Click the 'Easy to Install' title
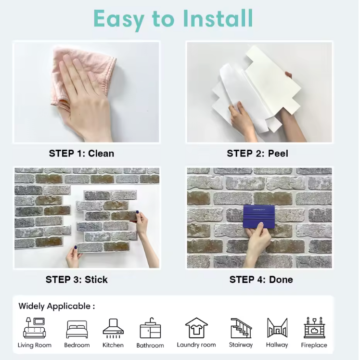tap(173, 19)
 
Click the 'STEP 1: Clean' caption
tap(81, 154)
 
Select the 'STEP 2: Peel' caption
tap(257, 154)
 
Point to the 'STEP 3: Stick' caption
tap(77, 280)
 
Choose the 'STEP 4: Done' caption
tap(261, 280)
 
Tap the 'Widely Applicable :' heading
tap(56, 306)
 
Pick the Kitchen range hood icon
tap(113, 328)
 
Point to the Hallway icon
tap(277, 328)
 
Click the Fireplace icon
tap(314, 328)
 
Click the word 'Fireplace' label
tap(314, 345)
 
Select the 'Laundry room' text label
tap(196, 345)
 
